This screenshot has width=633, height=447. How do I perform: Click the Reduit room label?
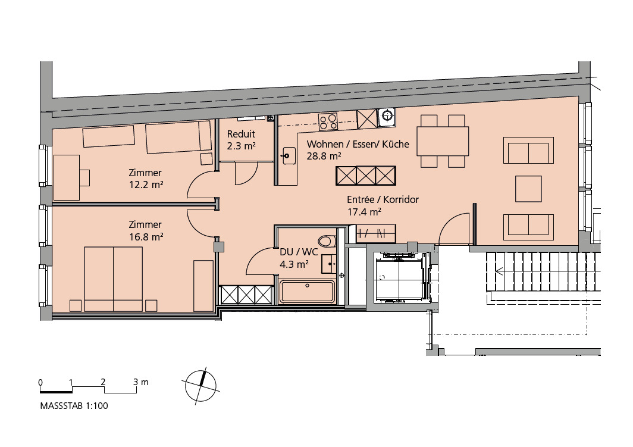pyautogui.click(x=241, y=134)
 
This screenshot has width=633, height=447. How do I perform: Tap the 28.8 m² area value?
pyautogui.click(x=324, y=156)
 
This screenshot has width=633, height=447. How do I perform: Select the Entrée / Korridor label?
pyautogui.click(x=383, y=199)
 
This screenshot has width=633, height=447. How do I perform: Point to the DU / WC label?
pyautogui.click(x=299, y=252)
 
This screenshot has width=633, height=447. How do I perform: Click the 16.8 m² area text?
pyautogui.click(x=146, y=237)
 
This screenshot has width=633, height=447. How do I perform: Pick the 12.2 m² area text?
pyautogui.click(x=146, y=185)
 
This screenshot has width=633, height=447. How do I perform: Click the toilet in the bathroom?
pyautogui.click(x=327, y=242)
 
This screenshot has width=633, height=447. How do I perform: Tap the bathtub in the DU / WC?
pyautogui.click(x=307, y=292)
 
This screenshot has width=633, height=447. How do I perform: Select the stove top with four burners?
pyautogui.click(x=328, y=121)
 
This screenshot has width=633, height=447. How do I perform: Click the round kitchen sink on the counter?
pyautogui.click(x=387, y=115)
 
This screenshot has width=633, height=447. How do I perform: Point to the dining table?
pyautogui.click(x=443, y=141)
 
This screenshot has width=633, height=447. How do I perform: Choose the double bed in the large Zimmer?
pyautogui.click(x=114, y=279)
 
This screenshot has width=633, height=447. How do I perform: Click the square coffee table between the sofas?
pyautogui.click(x=528, y=189)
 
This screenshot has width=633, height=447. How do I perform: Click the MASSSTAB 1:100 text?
pyautogui.click(x=74, y=406)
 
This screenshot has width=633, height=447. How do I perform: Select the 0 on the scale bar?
pyautogui.click(x=40, y=382)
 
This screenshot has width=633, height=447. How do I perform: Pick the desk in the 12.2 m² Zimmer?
pyautogui.click(x=67, y=178)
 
